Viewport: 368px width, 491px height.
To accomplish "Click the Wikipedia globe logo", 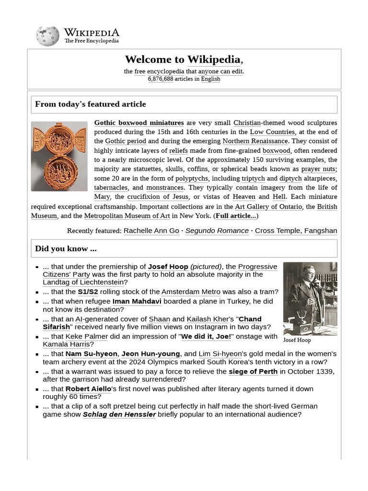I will [47, 36].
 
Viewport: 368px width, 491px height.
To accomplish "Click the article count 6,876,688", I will [160, 79].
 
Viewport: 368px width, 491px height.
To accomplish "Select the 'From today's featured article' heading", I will [91, 104].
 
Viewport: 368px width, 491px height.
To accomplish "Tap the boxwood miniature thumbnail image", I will [59, 156].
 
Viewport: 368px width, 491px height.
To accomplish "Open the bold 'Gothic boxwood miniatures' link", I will [139, 123].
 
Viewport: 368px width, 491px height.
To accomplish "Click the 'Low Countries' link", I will [272, 132].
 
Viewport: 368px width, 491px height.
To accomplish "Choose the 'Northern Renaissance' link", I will [255, 141].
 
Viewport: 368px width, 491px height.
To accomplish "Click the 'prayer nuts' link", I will [318, 169].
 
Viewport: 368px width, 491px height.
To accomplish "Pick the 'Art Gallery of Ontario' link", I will [268, 207].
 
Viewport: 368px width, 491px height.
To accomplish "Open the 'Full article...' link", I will [235, 216].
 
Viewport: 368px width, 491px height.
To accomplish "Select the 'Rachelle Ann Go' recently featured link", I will [151, 231].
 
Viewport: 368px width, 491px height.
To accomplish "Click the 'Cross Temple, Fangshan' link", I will [296, 231].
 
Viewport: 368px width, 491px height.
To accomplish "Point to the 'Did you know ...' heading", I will [66, 248].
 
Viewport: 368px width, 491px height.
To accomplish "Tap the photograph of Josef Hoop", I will [310, 298].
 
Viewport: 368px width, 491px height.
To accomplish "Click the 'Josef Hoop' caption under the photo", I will [297, 340].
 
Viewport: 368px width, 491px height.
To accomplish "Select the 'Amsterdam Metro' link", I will [191, 292].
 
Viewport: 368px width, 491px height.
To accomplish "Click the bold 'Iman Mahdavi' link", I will [137, 301].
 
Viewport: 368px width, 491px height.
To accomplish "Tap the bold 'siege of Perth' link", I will [253, 372].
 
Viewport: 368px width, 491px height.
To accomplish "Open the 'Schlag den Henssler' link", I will [119, 414].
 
